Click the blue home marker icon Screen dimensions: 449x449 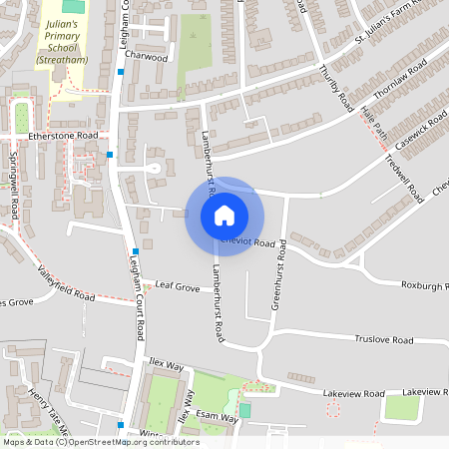tap(224, 216)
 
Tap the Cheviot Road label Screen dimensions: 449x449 tap(248, 242)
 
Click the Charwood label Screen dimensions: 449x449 tap(148, 58)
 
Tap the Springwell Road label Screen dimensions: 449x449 tap(14, 186)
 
